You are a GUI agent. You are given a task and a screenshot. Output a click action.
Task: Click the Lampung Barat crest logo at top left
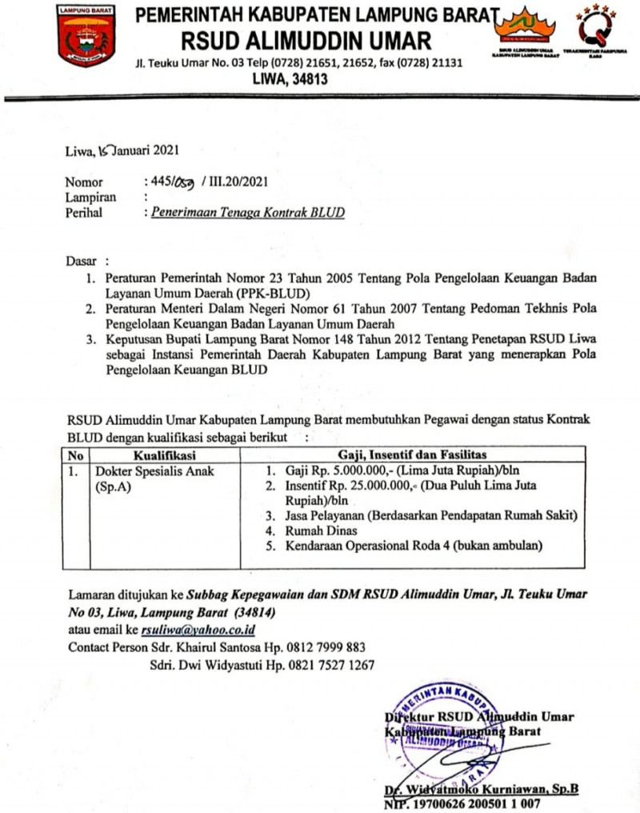[x=86, y=35]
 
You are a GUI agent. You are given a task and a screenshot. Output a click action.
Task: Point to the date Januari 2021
[x=144, y=150]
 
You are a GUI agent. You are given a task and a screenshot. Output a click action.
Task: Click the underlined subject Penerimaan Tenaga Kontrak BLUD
[x=244, y=213]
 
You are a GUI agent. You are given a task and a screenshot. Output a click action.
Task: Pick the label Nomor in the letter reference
[x=84, y=182]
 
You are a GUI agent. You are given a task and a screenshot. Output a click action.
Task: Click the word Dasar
[x=81, y=261]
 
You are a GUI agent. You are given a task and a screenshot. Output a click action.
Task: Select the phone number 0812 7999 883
[x=322, y=647]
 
